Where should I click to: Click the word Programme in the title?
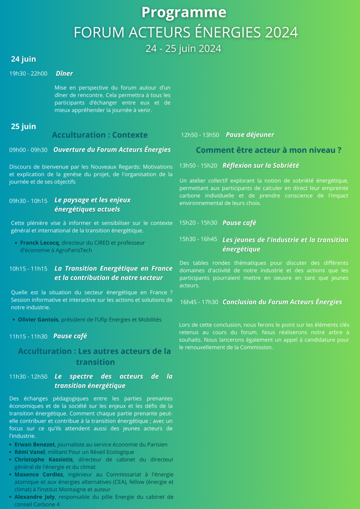(184, 12)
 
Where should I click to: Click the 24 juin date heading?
(23, 59)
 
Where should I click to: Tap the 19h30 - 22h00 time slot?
(28, 74)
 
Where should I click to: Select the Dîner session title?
(64, 74)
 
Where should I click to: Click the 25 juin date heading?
(23, 126)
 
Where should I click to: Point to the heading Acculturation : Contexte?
(100, 135)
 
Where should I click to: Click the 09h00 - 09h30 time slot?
(28, 150)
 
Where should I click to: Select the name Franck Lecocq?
(40, 243)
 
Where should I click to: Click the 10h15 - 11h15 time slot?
(28, 269)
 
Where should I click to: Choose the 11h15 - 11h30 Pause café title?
(70, 336)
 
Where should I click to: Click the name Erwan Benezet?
(35, 445)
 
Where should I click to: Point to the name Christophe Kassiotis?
(44, 459)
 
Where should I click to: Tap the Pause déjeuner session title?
(250, 135)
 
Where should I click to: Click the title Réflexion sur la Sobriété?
(260, 166)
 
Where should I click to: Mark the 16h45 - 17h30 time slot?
(199, 302)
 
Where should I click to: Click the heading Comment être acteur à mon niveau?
(269, 150)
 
